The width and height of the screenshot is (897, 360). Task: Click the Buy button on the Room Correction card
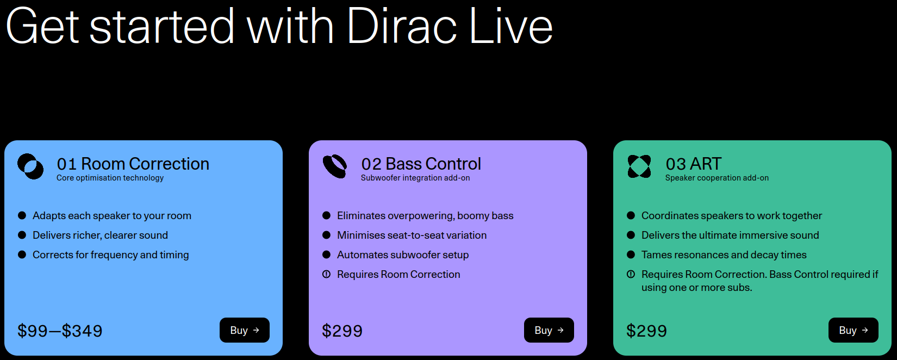[x=244, y=330]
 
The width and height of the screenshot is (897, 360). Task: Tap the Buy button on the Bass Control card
[x=549, y=330]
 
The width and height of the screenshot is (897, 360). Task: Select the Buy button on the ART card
[x=853, y=330]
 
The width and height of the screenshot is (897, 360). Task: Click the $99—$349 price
[x=60, y=331]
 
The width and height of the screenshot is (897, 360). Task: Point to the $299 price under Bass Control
[x=342, y=331]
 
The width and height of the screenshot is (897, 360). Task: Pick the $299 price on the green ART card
[x=646, y=331]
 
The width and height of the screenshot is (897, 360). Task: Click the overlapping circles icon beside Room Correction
[x=30, y=166]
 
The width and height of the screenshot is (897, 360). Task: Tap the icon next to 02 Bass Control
[x=335, y=166]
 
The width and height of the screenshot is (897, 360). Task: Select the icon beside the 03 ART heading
[x=639, y=166]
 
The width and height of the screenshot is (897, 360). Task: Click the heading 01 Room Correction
[x=133, y=164]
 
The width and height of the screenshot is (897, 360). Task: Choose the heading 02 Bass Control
[x=421, y=164]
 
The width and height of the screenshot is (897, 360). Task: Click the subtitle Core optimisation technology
[x=110, y=178]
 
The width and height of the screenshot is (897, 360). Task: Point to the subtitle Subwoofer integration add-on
[x=415, y=178]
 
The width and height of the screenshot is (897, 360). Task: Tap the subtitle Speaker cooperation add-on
[x=717, y=178]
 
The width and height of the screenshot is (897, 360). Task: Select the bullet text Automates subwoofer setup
[x=403, y=255]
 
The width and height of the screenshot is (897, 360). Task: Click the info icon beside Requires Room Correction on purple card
[x=326, y=274]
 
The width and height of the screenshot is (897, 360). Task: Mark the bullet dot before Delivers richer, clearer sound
[x=22, y=235]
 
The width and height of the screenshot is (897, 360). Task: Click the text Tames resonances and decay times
[x=724, y=255]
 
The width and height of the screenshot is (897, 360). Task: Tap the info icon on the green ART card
[x=631, y=274]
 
